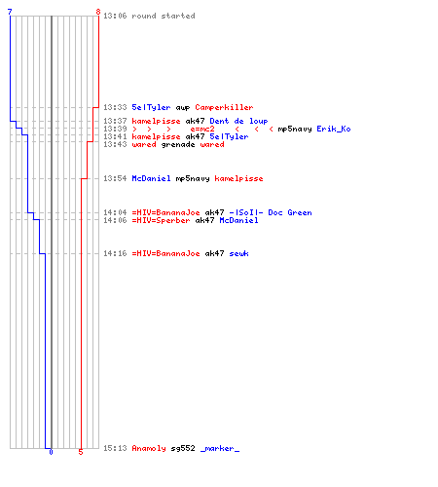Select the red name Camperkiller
tap(224, 107)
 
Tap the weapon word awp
tap(183, 108)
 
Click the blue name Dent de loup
tap(238, 121)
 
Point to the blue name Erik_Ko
tap(334, 129)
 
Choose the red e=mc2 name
tap(202, 129)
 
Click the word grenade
tap(178, 145)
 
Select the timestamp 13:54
tap(115, 178)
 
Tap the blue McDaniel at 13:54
tap(151, 178)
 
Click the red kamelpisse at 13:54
tap(238, 178)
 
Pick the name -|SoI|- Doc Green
tap(271, 212)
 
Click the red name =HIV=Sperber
tap(161, 220)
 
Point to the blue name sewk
tap(238, 253)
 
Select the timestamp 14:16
tap(115, 253)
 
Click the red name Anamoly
tap(149, 448)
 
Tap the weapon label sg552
tap(183, 448)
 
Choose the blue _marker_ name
tap(220, 449)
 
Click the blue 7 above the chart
tap(10, 12)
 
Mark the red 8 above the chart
tap(98, 12)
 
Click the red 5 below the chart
tap(81, 452)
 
